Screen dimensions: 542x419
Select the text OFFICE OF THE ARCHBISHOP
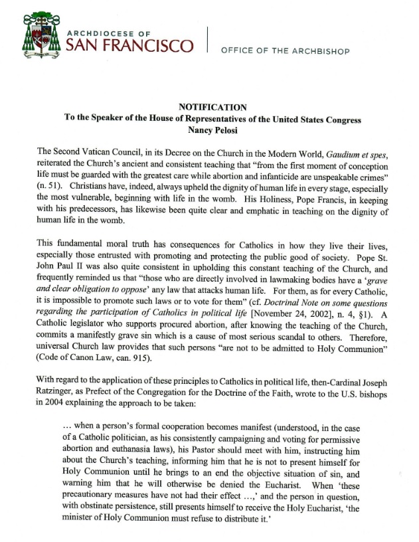286,50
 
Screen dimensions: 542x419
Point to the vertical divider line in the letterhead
208,39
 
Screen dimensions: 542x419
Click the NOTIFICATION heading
213,108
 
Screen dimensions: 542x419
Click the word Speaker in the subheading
100,119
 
